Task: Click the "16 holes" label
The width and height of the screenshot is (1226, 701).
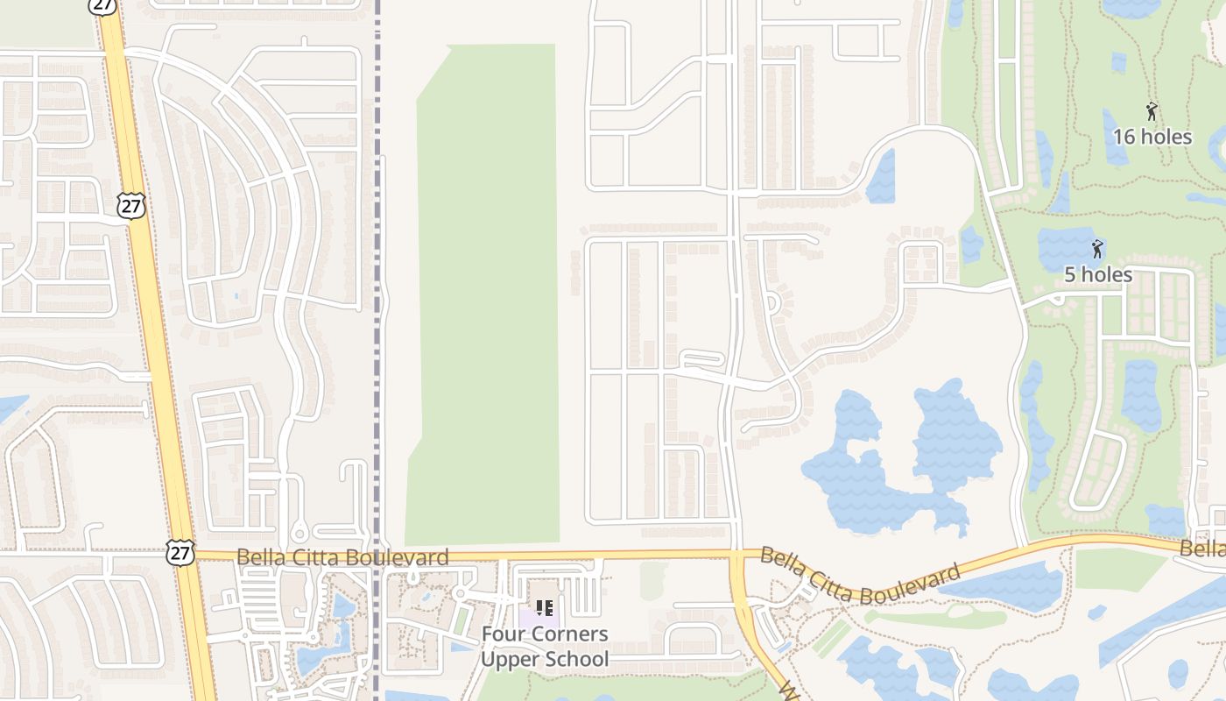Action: coord(1152,137)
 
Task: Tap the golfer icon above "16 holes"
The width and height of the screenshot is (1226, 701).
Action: coord(1152,111)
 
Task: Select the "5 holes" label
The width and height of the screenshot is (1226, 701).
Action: coord(1098,274)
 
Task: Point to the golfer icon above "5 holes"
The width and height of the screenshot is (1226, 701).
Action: coord(1096,249)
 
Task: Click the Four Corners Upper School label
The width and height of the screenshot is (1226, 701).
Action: coord(545,646)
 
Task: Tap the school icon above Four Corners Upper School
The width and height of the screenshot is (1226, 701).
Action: coord(545,607)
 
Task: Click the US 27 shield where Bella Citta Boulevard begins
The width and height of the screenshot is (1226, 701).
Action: coord(179,552)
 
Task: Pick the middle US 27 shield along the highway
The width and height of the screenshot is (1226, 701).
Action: coord(130,207)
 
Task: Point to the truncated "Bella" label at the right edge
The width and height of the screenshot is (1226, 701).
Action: coord(1202,549)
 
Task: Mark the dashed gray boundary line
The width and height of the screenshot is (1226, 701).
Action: coord(379,263)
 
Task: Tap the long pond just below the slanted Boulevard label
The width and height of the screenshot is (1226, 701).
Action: coord(1007,585)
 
